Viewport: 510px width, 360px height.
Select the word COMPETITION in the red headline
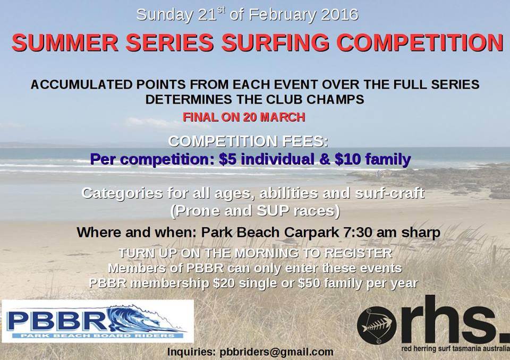420,42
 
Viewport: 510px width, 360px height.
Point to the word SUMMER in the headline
65,42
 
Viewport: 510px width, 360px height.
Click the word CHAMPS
335,99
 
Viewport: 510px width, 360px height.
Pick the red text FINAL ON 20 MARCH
244,117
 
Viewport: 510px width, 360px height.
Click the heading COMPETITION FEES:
248,141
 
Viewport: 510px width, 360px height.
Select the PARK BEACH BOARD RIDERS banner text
98,336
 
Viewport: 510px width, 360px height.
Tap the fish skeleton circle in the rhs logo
377,325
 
